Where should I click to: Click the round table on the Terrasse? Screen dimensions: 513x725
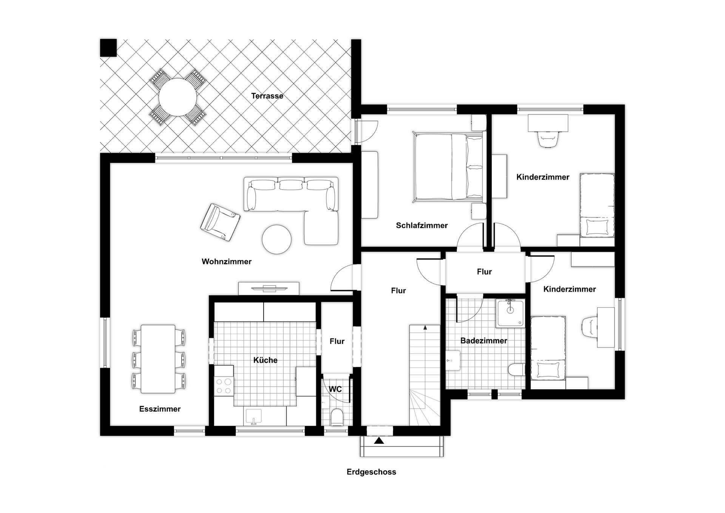(177, 97)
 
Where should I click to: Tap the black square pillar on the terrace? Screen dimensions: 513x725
(108, 48)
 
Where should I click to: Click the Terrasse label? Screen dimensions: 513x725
(267, 96)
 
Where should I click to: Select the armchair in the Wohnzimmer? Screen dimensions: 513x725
(220, 222)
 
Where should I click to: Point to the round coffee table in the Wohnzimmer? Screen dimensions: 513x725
(277, 239)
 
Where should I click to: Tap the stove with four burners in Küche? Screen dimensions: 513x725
(223, 386)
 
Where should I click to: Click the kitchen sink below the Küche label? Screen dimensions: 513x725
(253, 417)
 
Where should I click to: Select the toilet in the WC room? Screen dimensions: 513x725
(336, 418)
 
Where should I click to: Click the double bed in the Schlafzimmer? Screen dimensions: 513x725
(448, 167)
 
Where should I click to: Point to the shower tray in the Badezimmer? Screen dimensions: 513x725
(510, 313)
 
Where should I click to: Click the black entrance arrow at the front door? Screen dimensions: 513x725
(379, 440)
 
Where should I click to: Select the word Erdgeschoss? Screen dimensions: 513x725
(371, 472)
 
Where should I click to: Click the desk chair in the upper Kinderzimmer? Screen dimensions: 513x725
(548, 139)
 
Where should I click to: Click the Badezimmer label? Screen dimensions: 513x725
(483, 341)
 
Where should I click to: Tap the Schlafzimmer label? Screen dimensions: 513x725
(421, 226)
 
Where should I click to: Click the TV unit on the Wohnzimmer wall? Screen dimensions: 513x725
(268, 289)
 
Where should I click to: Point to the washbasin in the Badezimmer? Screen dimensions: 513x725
(453, 360)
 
